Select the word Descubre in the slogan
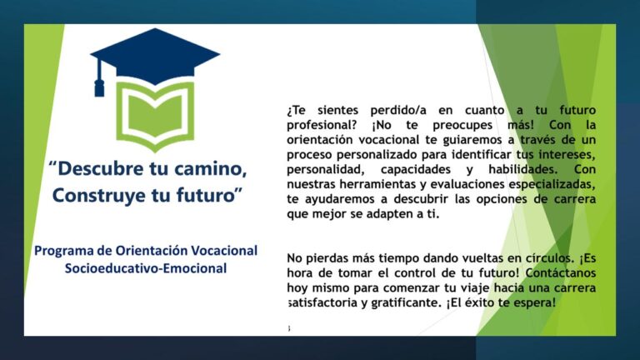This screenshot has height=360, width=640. click(100, 168)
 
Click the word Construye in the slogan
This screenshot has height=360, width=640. click(100, 195)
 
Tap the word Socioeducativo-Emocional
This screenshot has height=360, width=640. click(146, 268)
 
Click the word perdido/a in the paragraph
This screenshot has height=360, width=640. click(398, 110)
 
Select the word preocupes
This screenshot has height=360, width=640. click(462, 125)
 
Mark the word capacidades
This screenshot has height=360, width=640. click(416, 169)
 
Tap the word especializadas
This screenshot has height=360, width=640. click(552, 184)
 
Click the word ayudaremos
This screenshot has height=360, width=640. click(340, 199)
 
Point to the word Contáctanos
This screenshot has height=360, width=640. click(560, 272)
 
